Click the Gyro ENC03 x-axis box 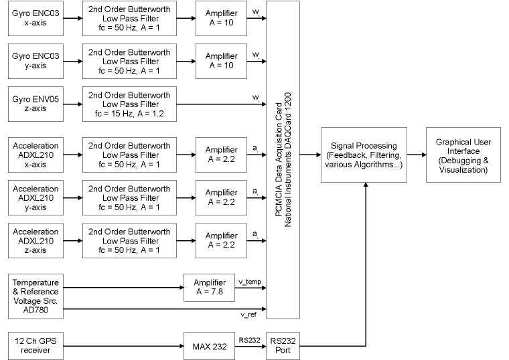(x=35, y=19)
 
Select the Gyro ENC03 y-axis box (x=35, y=60)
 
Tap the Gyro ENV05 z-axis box (x=35, y=103)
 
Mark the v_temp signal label (x=250, y=282)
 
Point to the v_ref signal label (x=248, y=314)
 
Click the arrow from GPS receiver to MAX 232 (x=123, y=345)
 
